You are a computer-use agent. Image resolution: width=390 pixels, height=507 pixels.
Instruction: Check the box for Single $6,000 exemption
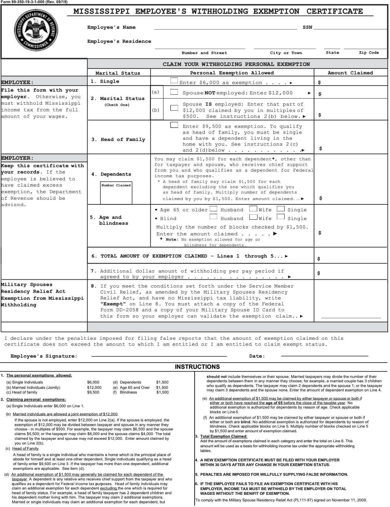point(174,81)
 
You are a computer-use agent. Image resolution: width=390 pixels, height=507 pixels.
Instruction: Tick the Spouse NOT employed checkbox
point(174,92)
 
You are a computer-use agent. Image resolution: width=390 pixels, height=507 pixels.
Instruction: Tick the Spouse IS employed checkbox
point(174,108)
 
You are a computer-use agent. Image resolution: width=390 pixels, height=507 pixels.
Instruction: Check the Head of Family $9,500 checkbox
point(174,125)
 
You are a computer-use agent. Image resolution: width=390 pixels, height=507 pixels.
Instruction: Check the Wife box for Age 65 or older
point(253,209)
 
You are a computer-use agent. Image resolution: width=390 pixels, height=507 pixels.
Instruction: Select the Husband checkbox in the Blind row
point(213,217)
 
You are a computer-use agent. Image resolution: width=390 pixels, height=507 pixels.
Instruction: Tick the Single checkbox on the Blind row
point(281,217)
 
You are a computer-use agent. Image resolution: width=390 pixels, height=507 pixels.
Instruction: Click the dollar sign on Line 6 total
point(318,259)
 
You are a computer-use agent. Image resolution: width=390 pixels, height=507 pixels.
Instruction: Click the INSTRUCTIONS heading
point(197,367)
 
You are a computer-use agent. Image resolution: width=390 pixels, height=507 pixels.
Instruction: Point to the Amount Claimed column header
point(350,73)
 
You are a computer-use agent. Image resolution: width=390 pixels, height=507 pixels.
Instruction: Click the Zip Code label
point(369,53)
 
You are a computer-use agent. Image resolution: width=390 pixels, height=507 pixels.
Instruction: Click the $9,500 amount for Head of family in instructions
point(93,392)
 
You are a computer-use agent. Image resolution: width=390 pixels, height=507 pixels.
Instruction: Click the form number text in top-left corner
point(34,2)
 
